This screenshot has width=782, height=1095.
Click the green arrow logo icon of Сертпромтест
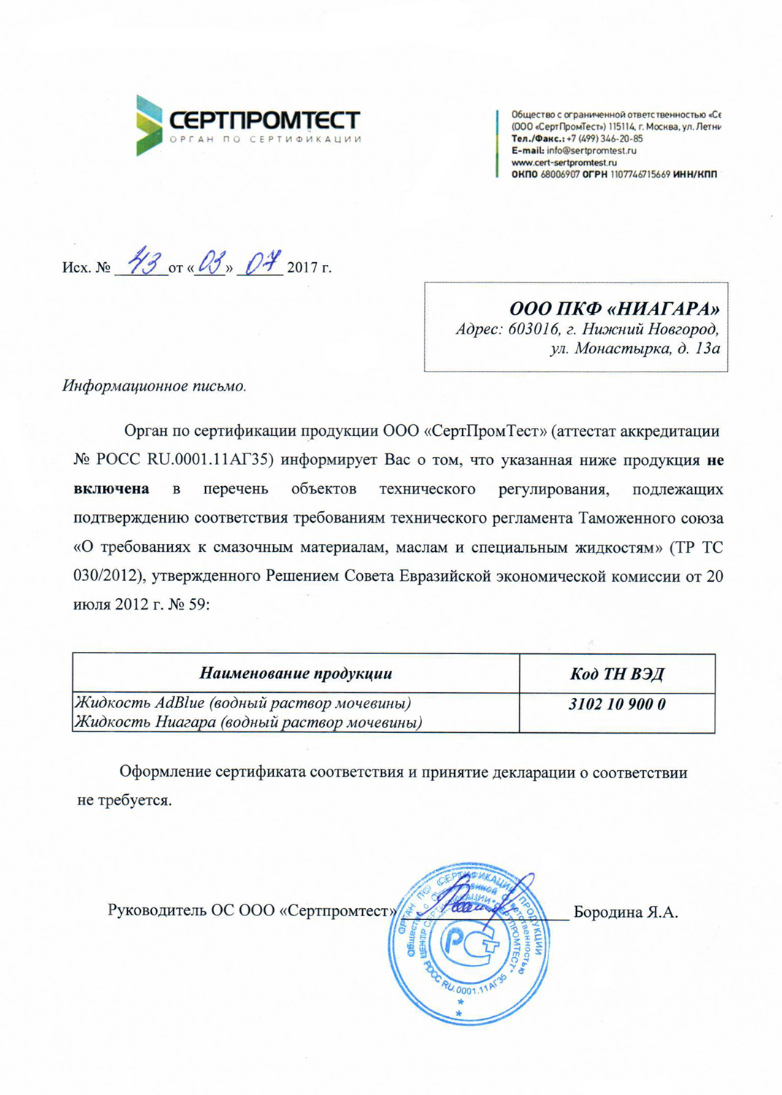148,125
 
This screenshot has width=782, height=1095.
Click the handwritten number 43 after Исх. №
145,261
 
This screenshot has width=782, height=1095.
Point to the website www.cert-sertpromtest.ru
564,162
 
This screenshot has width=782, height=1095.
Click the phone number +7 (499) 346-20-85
605,139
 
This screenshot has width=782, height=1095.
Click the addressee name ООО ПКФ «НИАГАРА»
614,309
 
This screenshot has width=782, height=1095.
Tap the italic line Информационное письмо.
154,386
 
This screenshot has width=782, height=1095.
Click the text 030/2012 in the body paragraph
107,576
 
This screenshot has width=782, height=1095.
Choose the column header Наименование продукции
296,673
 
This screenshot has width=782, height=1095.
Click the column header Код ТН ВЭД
617,673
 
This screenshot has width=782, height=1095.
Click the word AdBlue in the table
180,703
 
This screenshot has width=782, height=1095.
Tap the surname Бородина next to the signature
609,912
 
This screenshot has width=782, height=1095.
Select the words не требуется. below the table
124,800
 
